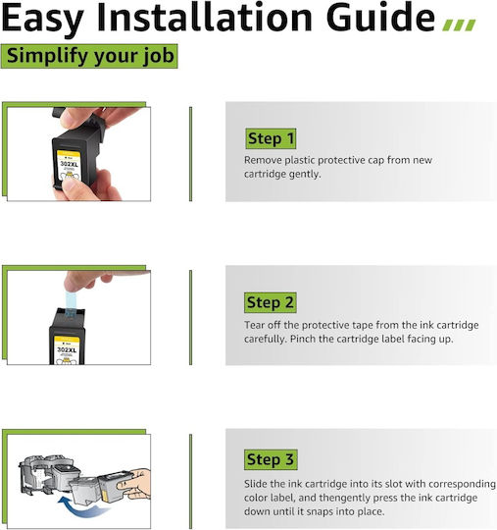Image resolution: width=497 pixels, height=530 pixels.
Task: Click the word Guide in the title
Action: click(x=380, y=17)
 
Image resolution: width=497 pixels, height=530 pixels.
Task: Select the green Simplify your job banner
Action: click(x=89, y=56)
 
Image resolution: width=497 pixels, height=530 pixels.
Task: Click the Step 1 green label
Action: click(x=271, y=138)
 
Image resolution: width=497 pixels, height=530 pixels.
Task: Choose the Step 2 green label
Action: click(x=271, y=302)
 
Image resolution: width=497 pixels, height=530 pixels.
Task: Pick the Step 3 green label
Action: click(x=271, y=459)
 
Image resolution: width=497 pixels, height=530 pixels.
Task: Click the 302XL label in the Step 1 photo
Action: click(x=70, y=165)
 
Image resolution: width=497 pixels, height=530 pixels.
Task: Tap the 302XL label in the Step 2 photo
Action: click(x=67, y=350)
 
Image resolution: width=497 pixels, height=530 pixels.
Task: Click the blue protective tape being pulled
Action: click(x=71, y=304)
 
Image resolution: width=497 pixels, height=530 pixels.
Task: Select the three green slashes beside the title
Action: click(x=459, y=25)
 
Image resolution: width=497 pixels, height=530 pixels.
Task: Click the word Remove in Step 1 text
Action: click(x=263, y=160)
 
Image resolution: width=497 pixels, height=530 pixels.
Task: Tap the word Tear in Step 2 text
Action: click(x=254, y=325)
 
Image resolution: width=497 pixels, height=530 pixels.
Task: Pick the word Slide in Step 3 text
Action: click(x=255, y=484)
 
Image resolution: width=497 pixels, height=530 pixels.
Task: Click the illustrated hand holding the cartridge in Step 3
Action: click(x=135, y=483)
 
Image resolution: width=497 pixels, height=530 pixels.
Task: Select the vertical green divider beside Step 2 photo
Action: click(x=191, y=317)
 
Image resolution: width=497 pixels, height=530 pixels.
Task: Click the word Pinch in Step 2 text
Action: click(x=303, y=339)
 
